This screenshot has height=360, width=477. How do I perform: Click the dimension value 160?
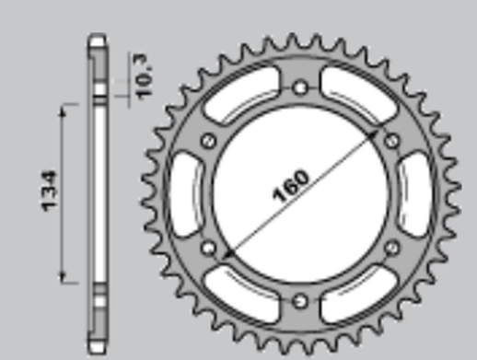click(x=291, y=184)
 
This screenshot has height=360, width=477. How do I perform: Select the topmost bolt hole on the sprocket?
click(x=301, y=87)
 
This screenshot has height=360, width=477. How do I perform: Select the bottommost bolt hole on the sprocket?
click(x=301, y=301)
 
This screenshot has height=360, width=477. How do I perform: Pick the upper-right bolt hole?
click(x=393, y=140)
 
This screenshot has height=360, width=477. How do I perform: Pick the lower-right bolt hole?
click(x=393, y=248)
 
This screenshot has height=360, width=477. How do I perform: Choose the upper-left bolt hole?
click(x=208, y=140)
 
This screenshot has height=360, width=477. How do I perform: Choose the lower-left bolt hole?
click(x=208, y=248)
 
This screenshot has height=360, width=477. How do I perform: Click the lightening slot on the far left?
click(x=188, y=194)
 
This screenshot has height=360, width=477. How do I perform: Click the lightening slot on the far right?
click(x=414, y=194)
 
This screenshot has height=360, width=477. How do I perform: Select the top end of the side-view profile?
click(x=97, y=40)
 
